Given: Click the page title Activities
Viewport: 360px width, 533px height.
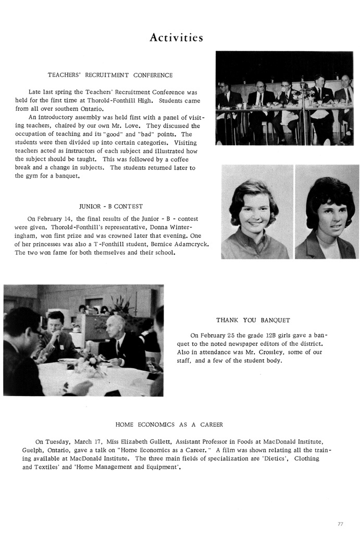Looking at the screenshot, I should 176,37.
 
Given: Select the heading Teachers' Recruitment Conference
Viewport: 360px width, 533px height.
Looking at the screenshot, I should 110,75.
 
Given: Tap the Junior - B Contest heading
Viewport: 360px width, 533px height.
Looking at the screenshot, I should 110,206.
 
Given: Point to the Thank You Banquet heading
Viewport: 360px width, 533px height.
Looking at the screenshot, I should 253,320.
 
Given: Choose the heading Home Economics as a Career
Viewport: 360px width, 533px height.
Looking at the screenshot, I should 169,424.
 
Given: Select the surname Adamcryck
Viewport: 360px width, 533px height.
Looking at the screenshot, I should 184,244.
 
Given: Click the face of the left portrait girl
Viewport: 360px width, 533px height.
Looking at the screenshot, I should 253,213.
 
